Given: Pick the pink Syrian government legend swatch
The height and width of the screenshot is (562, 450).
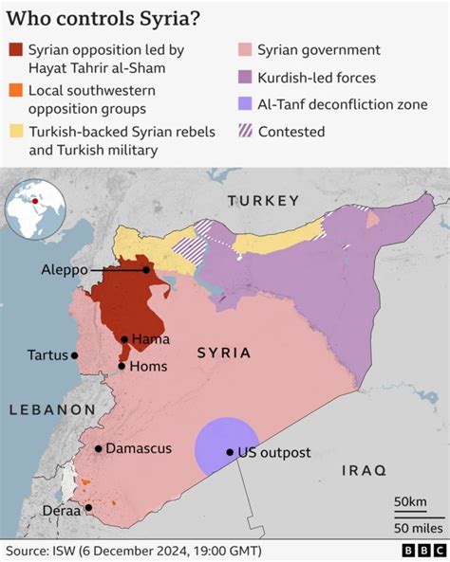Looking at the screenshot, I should (x=245, y=50).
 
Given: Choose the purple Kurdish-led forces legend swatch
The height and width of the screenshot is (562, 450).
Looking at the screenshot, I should (x=245, y=77).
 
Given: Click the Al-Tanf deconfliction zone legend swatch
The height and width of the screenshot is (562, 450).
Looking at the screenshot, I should (x=245, y=104).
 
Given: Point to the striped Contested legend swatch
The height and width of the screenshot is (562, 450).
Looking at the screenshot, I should (x=245, y=132).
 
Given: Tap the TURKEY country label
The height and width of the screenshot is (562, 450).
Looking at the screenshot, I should (x=264, y=200).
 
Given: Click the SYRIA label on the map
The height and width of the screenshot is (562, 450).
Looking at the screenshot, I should (x=224, y=353).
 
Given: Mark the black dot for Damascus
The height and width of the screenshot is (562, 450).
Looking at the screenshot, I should (x=98, y=449).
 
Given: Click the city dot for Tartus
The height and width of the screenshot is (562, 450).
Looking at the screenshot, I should (x=75, y=355).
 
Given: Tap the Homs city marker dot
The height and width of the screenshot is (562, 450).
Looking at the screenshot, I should (x=122, y=366).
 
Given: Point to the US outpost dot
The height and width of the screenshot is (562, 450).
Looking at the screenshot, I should (x=230, y=452).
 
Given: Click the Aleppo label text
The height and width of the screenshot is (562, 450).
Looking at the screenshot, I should (x=65, y=270).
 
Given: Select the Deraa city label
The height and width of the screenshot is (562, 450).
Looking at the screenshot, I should (x=62, y=510).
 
